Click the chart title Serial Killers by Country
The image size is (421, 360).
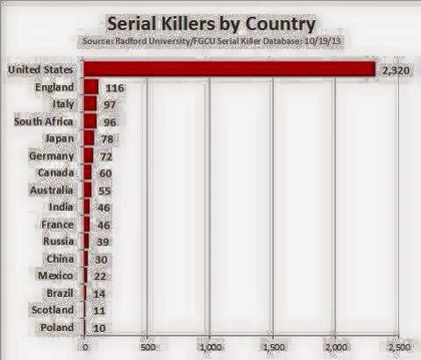pos(211,24)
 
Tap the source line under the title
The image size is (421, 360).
pos(212,41)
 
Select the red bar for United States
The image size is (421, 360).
pos(229,69)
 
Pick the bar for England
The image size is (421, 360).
pos(91,87)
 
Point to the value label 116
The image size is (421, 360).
pos(115,88)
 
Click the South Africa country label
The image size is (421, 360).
pos(44,122)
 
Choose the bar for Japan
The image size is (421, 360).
pos(89,138)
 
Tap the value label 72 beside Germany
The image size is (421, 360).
pos(106,157)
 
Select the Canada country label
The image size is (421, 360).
pos(56,173)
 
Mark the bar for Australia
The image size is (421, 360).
pos(88,190)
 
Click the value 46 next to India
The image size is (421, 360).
pos(103,208)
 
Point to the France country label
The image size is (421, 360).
pos(57,225)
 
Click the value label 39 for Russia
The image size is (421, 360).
pos(102,242)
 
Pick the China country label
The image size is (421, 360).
pos(60,259)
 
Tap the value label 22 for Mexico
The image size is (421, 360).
pos(100,276)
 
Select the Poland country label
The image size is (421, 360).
pos(57,328)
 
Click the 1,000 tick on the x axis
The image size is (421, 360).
pos(211,347)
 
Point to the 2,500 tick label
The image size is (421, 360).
pos(399,347)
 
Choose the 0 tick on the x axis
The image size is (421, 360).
pos(85,348)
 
